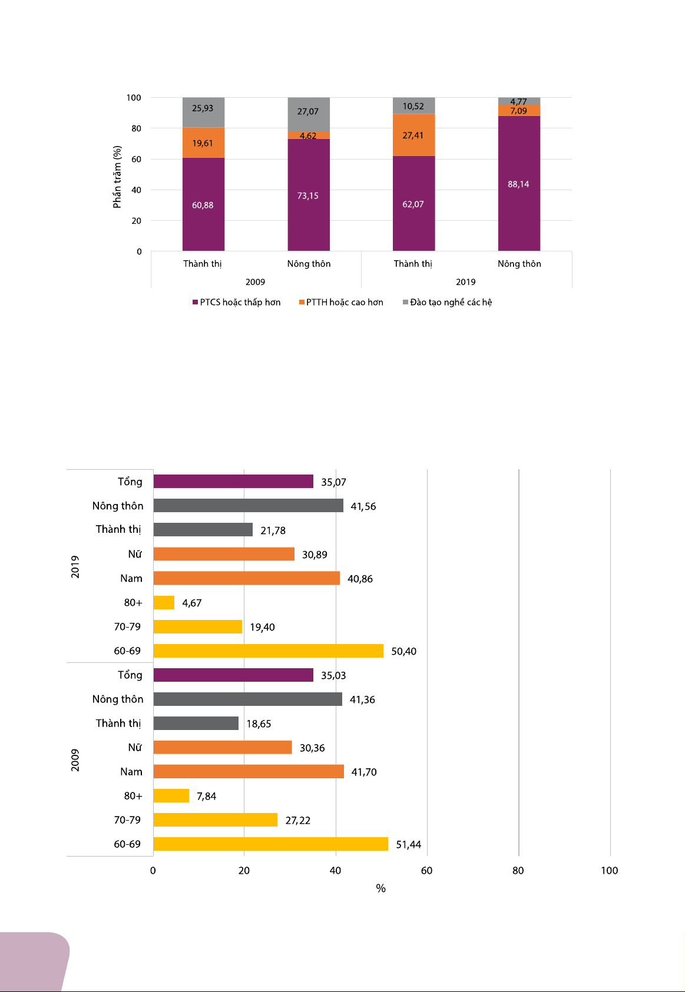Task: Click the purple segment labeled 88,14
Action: tap(519, 184)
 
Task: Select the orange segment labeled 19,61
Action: tap(203, 142)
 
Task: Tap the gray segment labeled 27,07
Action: tap(309, 114)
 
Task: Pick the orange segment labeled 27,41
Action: tap(413, 135)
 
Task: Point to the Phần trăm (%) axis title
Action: tap(117, 177)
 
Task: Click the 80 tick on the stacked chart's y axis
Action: tap(136, 128)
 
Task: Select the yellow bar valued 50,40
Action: tap(268, 651)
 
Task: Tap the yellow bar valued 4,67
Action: tap(164, 602)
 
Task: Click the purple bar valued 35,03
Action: tap(233, 675)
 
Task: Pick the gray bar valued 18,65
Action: tap(196, 723)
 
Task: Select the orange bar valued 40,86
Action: tap(246, 578)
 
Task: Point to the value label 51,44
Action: tap(408, 844)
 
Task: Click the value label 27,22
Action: tap(297, 820)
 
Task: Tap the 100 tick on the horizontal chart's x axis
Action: tap(609, 870)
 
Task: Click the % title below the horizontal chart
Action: tap(380, 888)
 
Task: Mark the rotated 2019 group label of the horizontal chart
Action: tap(75, 566)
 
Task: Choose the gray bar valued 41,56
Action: tap(248, 505)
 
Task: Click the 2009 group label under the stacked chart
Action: tap(255, 281)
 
